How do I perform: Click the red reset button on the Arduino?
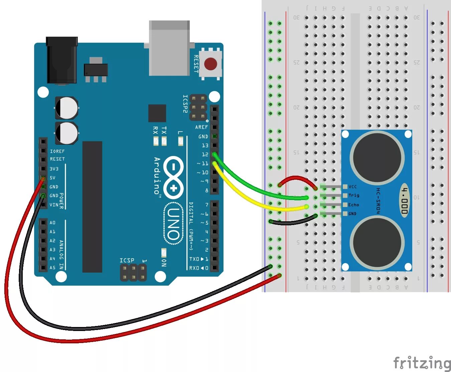210,64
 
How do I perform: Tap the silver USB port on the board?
169,48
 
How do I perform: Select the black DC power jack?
62,60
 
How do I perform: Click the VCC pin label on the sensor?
352,187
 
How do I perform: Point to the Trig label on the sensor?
354,195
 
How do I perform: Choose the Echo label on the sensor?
353,205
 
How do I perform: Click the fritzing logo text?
422,363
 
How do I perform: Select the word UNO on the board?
173,224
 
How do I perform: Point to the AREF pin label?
201,127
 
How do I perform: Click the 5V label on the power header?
53,178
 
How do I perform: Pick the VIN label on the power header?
53,205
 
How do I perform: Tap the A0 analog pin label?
52,223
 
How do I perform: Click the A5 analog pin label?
52,267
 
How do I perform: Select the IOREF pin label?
57,151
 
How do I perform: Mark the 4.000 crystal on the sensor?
405,200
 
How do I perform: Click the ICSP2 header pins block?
198,107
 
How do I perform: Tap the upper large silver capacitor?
67,108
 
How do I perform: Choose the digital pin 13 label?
205,146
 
